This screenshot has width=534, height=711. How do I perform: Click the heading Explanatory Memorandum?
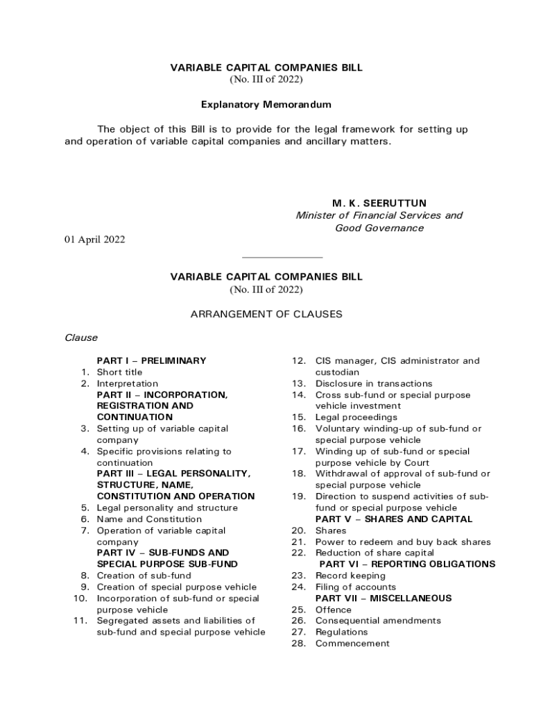(266, 105)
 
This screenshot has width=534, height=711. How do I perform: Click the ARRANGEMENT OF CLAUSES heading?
(266, 314)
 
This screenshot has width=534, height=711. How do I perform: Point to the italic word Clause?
(81, 337)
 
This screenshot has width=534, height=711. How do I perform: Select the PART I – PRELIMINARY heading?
(151, 360)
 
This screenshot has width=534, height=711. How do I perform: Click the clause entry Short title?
(119, 372)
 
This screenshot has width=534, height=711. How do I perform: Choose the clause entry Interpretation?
(127, 383)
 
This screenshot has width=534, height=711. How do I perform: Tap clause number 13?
(299, 383)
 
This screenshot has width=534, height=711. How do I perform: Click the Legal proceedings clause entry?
(356, 417)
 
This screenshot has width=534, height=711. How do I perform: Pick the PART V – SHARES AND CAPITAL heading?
(394, 519)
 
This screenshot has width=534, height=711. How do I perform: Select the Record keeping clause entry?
(350, 576)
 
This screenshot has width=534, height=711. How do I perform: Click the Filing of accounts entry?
(356, 587)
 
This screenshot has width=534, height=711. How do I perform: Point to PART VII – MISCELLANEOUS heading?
(384, 598)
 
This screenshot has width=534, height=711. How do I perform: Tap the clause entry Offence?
(334, 609)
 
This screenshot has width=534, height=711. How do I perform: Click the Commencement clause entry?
(352, 643)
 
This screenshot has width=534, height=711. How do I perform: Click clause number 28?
(299, 643)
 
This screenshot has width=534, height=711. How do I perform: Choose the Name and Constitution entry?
(149, 519)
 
